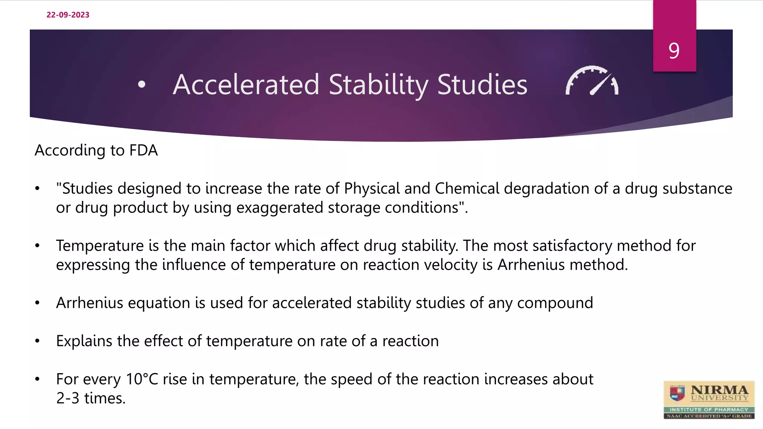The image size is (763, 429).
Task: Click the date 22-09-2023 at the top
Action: coord(68,15)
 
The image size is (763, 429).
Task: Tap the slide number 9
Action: coord(674,51)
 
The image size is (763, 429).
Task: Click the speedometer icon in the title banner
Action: coord(592,81)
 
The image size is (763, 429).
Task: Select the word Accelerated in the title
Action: coord(246,85)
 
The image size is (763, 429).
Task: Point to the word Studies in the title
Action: coord(482,85)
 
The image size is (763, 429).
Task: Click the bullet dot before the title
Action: coord(142,85)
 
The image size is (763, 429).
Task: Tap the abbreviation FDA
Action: coord(143,150)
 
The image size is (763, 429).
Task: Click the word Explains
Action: coord(84,341)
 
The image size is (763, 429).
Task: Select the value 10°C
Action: coord(142,379)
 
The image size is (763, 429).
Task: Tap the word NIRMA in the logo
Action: coord(719,390)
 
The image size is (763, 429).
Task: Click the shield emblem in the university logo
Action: coord(677,393)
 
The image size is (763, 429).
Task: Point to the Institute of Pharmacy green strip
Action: coord(709,409)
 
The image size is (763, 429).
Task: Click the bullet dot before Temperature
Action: coord(37,246)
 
